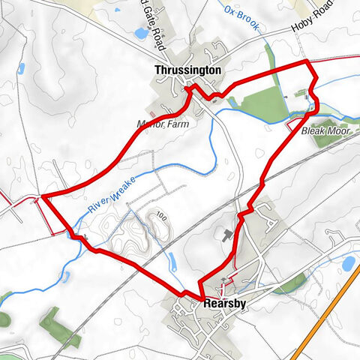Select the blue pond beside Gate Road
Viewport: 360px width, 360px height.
pyautogui.click(x=140, y=33)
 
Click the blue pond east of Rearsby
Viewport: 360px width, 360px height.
pyautogui.click(x=348, y=262)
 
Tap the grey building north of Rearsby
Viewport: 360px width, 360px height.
pyautogui.click(x=225, y=235)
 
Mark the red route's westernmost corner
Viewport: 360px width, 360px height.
pyautogui.click(x=43, y=196)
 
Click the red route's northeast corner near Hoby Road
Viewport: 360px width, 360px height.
pyautogui.click(x=307, y=62)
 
